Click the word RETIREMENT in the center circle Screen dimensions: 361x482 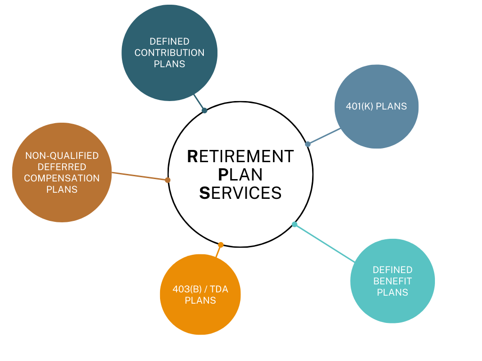(241, 156)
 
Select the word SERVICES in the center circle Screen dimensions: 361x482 (241, 193)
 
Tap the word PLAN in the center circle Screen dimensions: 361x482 (241, 174)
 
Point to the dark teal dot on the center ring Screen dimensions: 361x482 (204, 110)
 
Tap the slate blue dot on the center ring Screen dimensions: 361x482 (308, 144)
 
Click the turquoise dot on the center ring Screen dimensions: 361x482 (295, 224)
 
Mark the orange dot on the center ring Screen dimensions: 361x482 (221, 245)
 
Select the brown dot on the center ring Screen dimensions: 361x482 (168, 180)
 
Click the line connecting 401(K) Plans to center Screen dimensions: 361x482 (324, 136)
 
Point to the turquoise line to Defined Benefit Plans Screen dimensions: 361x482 (325, 243)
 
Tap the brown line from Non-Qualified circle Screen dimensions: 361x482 (139, 176)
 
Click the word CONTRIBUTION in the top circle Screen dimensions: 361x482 (169, 53)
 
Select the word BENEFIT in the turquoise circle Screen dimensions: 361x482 (393, 281)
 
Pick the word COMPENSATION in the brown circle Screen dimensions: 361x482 (62, 179)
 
